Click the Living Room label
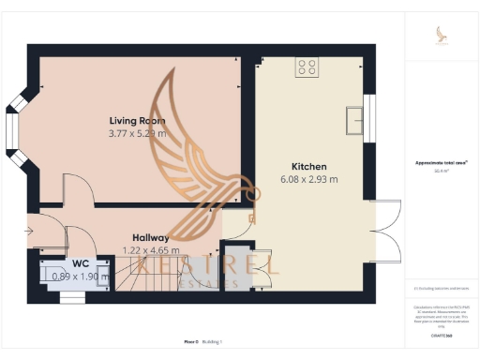pyautogui.click(x=138, y=121)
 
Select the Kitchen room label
pyautogui.click(x=308, y=166)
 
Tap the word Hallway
pyautogui.click(x=150, y=238)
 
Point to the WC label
pyautogui.click(x=67, y=264)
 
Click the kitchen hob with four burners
pyautogui.click(x=307, y=67)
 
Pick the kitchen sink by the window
pyautogui.click(x=356, y=121)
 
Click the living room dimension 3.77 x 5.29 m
pyautogui.click(x=138, y=134)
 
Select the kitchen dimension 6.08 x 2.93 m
pyautogui.click(x=308, y=179)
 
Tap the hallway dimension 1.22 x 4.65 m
pyautogui.click(x=150, y=250)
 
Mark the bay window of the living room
pyautogui.click(x=16, y=130)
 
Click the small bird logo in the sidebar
pyautogui.click(x=442, y=35)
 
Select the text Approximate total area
pyautogui.click(x=441, y=162)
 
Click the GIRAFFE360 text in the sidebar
pyautogui.click(x=441, y=334)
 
